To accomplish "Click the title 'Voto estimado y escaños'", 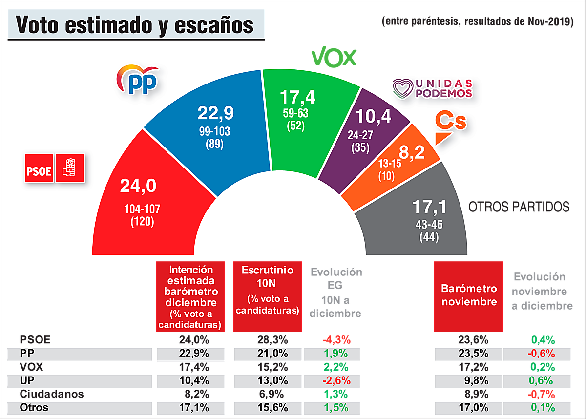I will coord(135,25).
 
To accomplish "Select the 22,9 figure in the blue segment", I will coord(215,113).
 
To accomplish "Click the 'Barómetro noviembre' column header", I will coord(469,295).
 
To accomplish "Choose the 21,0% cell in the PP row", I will coord(267,354).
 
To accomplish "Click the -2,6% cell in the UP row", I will coord(334,380).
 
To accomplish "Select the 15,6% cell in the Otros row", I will coord(267,407).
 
